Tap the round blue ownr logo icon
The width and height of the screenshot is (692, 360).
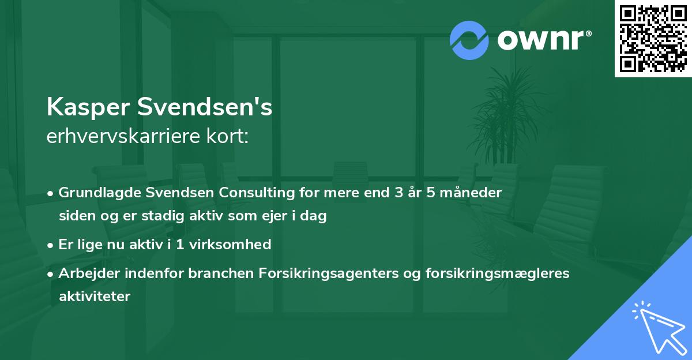(x=469, y=40)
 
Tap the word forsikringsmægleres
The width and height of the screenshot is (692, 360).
(x=488, y=273)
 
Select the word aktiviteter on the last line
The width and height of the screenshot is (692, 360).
(x=95, y=297)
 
